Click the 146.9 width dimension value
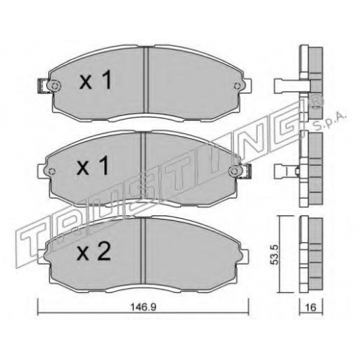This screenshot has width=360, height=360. [143, 307]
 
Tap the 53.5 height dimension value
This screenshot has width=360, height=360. [275, 255]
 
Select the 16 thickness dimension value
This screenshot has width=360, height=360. [311, 307]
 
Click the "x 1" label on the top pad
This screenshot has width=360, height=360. [96, 81]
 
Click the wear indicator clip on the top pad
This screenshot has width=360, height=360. [42, 86]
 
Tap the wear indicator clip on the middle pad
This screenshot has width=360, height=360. [246, 171]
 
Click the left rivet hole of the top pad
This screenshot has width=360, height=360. [55, 85]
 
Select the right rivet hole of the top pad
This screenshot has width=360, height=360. [237, 85]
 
